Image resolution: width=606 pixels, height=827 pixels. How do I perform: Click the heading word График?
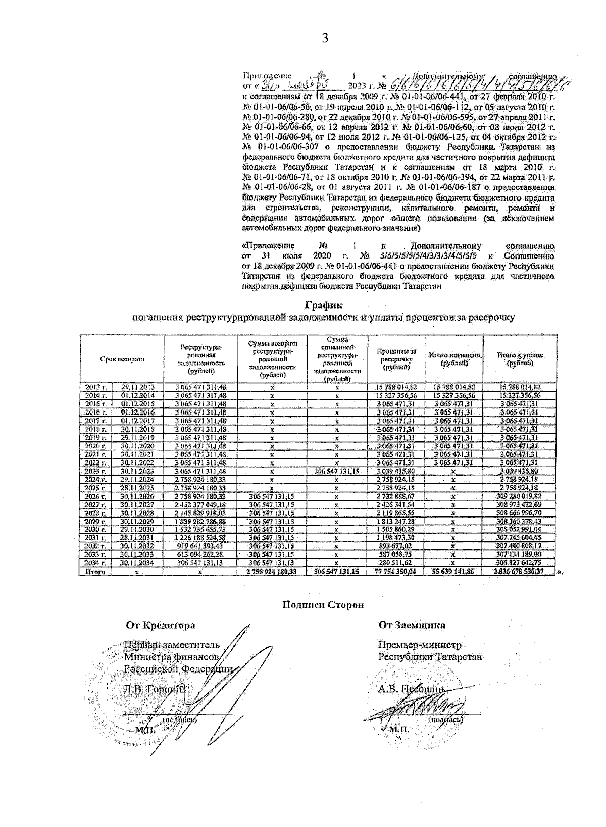click(x=324, y=305)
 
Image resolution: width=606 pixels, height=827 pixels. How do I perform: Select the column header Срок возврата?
click(x=122, y=359)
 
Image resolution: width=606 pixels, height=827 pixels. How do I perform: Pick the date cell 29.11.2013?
click(x=138, y=387)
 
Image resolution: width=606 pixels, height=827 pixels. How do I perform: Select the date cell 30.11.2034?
click(x=138, y=563)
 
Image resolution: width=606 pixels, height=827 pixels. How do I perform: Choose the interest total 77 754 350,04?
click(x=396, y=572)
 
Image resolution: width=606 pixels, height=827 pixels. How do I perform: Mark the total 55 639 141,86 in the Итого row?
click(x=453, y=572)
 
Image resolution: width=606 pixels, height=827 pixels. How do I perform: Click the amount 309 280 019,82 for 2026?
click(x=520, y=496)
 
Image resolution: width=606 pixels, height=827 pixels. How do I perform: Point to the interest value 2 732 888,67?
click(x=396, y=496)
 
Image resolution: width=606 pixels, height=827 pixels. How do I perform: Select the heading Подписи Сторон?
click(x=323, y=605)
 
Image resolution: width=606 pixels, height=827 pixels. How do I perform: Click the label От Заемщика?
click(x=412, y=625)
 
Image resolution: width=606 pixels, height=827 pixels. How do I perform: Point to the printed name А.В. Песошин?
click(x=410, y=688)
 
